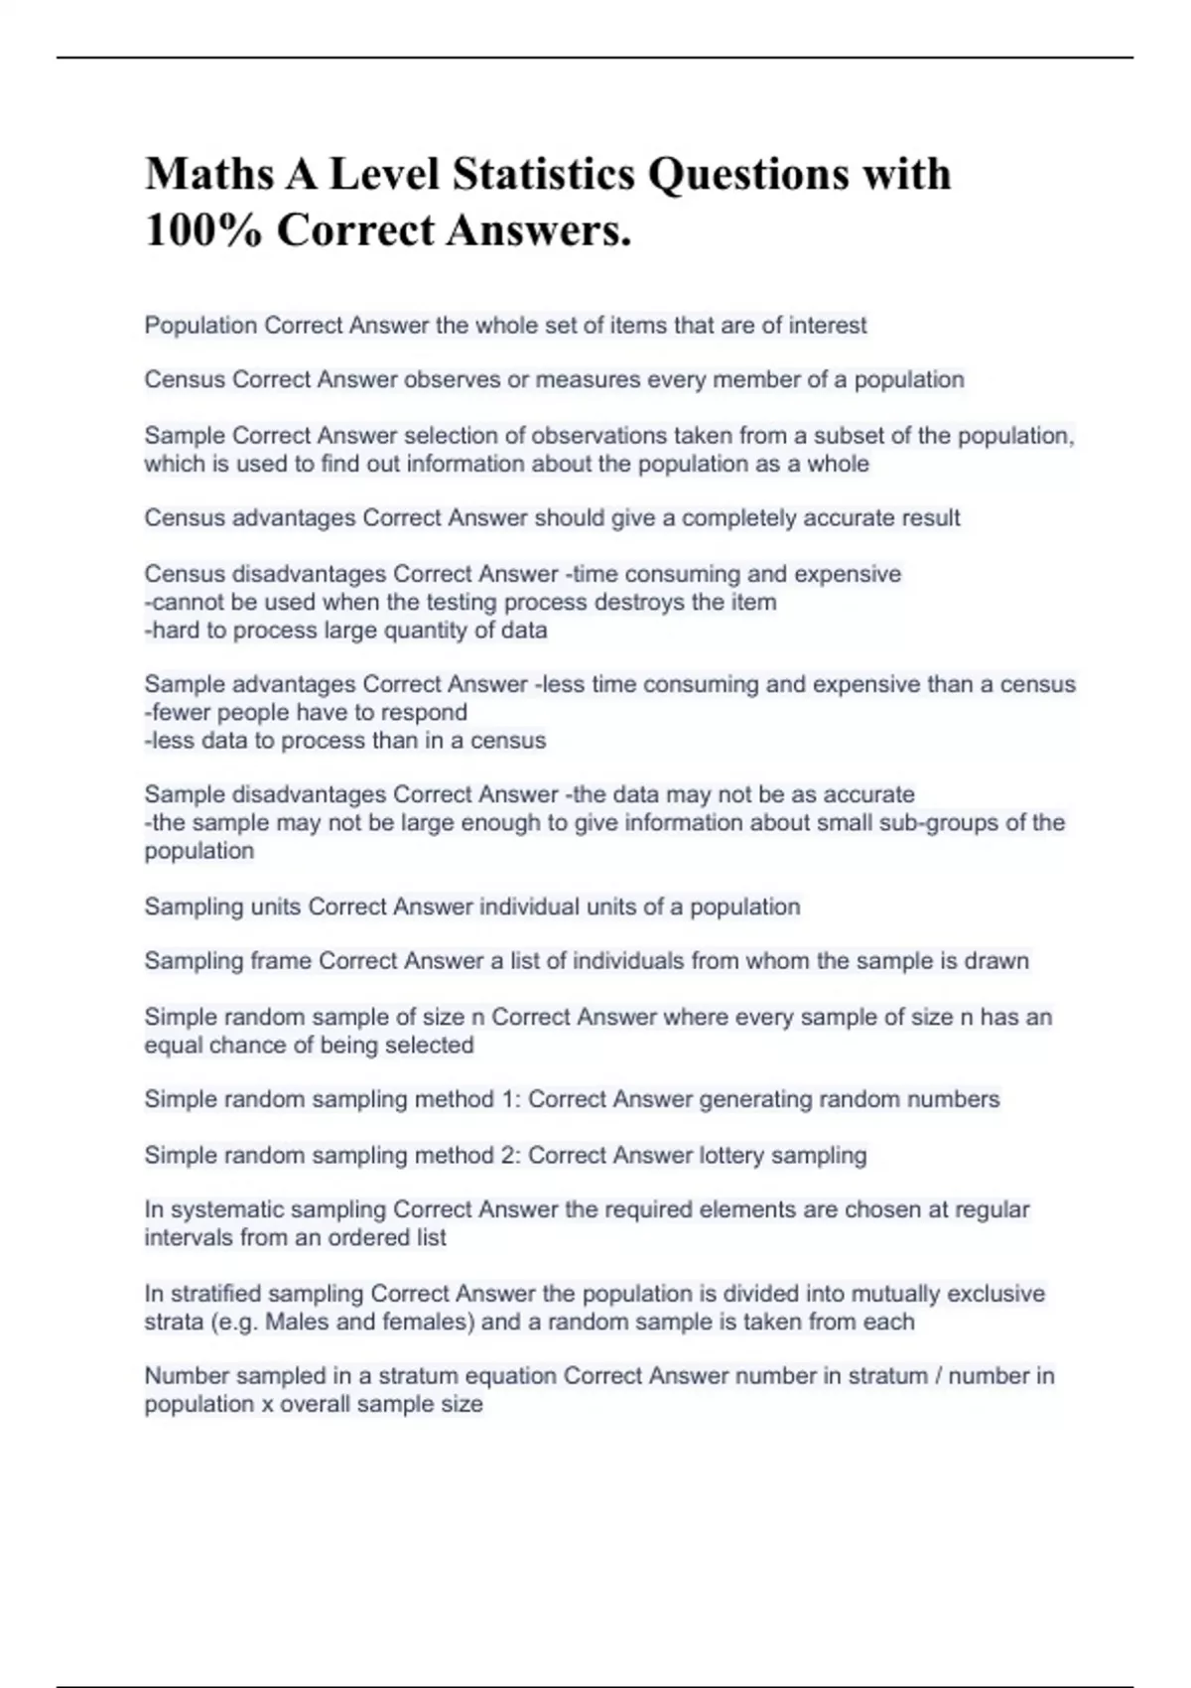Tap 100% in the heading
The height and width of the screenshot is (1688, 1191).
pyautogui.click(x=203, y=231)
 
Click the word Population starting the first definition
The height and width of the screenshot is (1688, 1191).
pyautogui.click(x=200, y=326)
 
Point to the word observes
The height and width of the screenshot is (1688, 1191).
pyautogui.click(x=450, y=379)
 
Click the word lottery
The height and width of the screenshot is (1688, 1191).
pyautogui.click(x=731, y=1155)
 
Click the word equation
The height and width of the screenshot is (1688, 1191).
pyautogui.click(x=511, y=1376)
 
